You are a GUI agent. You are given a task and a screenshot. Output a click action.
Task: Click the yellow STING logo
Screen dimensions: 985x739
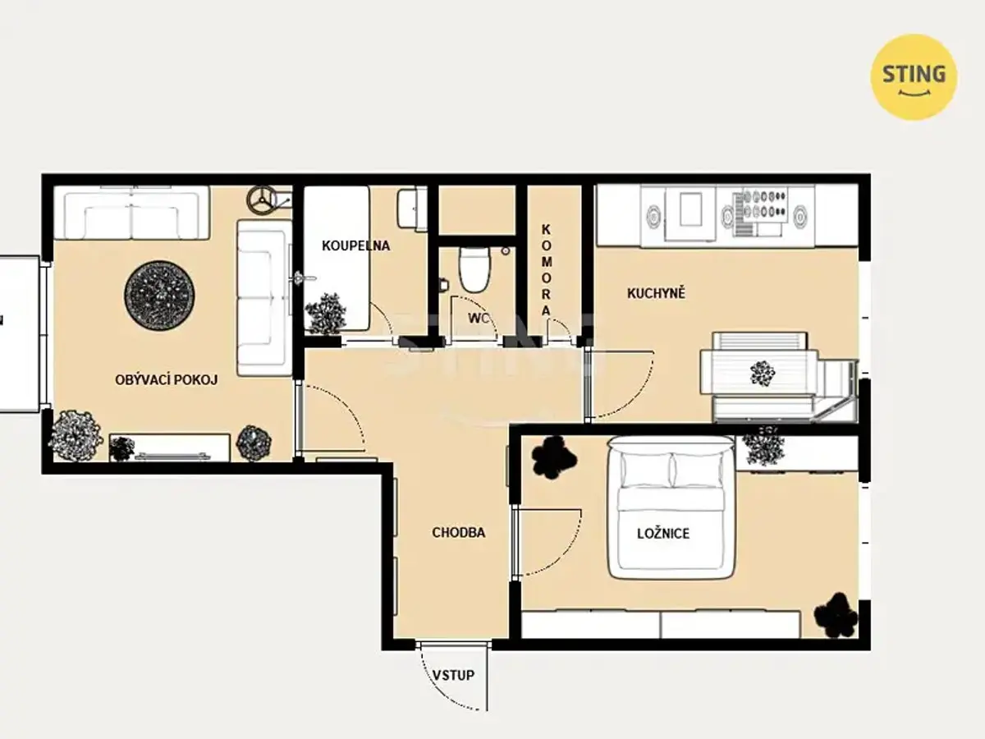pos(914,76)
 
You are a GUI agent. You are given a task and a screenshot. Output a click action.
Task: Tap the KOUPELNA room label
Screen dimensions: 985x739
pos(356,246)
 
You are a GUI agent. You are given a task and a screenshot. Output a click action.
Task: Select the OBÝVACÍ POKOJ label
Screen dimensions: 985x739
pos(167,379)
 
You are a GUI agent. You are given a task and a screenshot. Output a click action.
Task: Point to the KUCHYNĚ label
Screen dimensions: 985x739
pos(656,293)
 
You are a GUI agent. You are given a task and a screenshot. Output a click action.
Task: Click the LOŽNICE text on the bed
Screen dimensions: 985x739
pos(663,534)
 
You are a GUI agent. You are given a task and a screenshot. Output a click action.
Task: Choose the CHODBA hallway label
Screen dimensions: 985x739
pos(459,533)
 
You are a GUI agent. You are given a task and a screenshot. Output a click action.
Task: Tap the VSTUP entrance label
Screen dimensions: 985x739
pos(453,675)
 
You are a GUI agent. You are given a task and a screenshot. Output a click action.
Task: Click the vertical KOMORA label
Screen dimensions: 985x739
pos(546,270)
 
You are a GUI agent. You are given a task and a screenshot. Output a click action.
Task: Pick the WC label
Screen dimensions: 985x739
pos(478,318)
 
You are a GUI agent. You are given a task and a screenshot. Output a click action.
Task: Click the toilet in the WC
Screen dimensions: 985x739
pos(474,270)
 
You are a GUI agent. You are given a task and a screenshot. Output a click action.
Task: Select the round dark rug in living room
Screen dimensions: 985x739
pos(159,296)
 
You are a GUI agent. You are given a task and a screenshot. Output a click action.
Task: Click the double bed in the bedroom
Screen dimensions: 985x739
pos(671,507)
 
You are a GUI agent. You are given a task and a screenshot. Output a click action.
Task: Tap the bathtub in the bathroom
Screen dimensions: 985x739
pos(337,259)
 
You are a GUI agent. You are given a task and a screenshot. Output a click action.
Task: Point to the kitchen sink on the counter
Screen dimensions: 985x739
pos(690,209)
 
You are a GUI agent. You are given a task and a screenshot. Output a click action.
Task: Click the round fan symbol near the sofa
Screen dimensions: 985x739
pos(262,200)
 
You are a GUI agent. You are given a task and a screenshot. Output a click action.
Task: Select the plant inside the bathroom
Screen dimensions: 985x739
pos(326,314)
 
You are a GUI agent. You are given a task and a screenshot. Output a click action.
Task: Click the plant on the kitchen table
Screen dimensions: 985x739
pos(763,373)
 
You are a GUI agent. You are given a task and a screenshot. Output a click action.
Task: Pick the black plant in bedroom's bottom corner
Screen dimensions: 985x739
pos(836,616)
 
